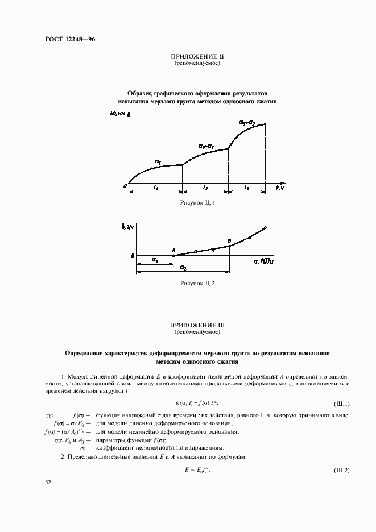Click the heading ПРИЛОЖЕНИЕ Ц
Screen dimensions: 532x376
(196, 56)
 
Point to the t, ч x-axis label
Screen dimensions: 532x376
(279, 187)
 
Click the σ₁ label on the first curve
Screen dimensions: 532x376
(158, 162)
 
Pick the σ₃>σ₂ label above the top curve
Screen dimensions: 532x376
(246, 122)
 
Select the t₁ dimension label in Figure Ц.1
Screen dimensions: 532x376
(155, 187)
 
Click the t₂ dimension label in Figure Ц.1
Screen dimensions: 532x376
(205, 187)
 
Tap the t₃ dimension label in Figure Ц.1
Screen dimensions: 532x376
(246, 187)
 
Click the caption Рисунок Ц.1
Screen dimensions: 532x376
(196, 202)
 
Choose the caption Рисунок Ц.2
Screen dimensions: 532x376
(196, 282)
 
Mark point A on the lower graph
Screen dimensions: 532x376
(173, 250)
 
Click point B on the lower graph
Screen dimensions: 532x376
(229, 242)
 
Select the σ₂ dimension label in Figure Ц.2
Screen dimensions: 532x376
(183, 267)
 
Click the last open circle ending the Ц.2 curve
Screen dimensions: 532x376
(266, 228)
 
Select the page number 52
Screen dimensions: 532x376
(48, 482)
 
